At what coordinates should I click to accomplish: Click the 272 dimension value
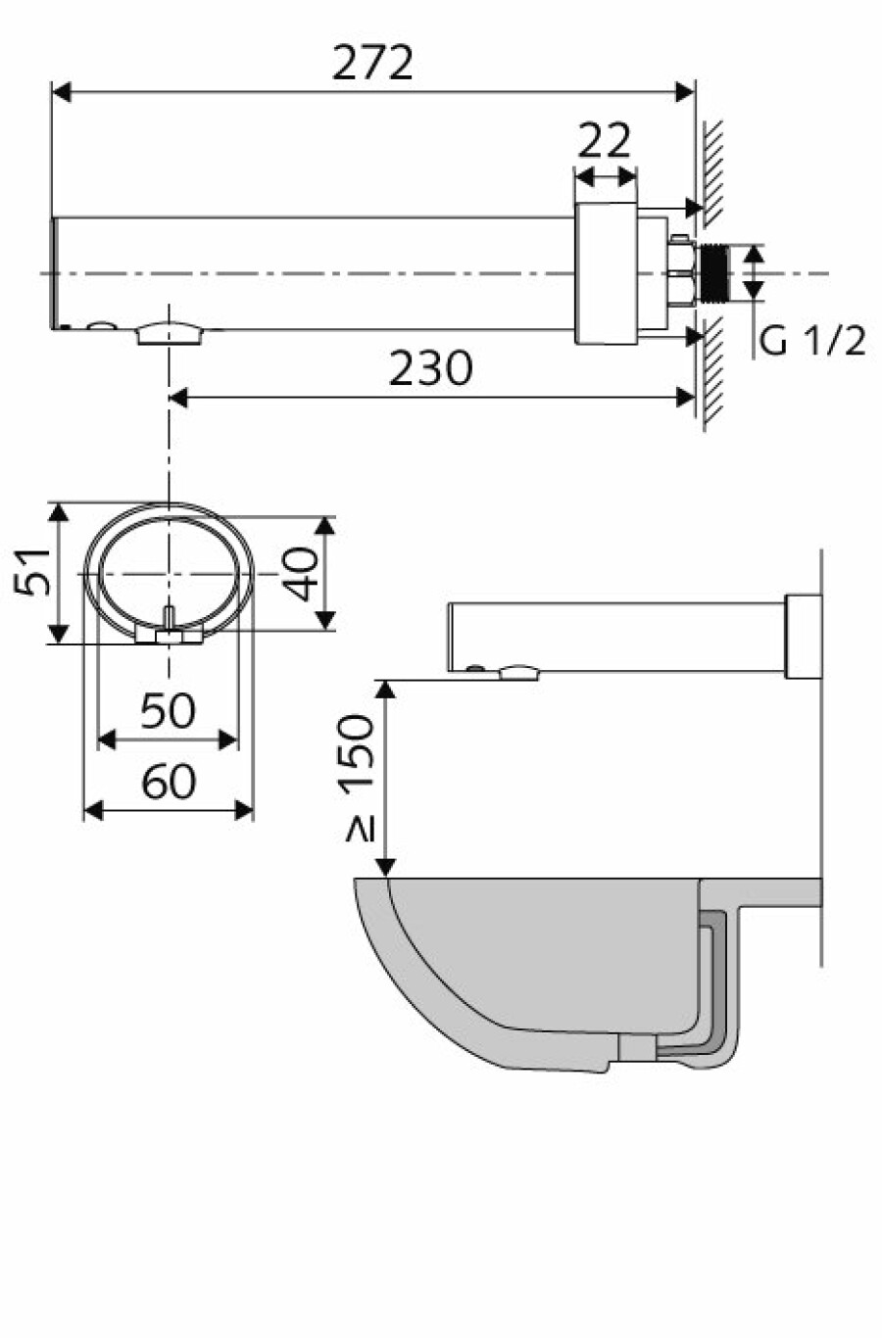372,62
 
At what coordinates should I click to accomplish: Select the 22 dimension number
604,140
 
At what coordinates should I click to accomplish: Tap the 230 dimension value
430,368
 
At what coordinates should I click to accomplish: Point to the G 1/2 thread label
811,341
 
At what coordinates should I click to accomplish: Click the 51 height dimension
32,571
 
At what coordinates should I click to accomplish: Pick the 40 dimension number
302,573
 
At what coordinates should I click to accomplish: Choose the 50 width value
168,710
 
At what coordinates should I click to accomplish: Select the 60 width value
169,782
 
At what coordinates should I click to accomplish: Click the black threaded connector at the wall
715,273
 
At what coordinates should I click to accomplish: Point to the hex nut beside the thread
680,271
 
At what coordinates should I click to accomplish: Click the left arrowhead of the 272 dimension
61,93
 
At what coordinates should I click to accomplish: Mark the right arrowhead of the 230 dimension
685,398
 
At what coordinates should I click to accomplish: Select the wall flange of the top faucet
606,273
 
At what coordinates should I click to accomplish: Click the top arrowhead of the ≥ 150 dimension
386,690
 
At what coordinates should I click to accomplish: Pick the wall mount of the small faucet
804,637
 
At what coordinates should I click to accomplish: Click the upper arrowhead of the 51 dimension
58,512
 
